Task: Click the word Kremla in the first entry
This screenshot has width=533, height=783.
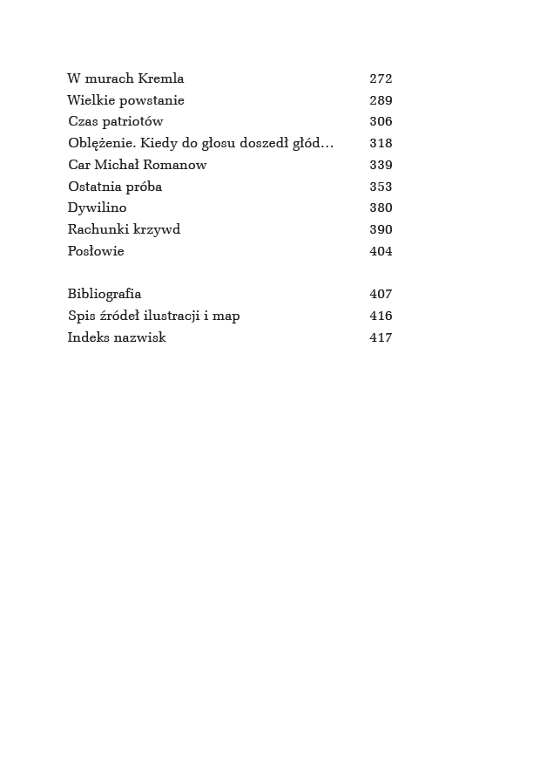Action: pyautogui.click(x=161, y=78)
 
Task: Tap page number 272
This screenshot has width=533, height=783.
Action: pyautogui.click(x=381, y=78)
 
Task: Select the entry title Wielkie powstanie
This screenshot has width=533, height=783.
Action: pyautogui.click(x=125, y=100)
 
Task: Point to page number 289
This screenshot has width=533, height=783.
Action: pyautogui.click(x=381, y=100)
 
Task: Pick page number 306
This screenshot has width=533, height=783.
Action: pyautogui.click(x=381, y=121)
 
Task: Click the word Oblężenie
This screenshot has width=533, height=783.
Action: pyautogui.click(x=99, y=143)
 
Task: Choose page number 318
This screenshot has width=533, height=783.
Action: pyautogui.click(x=381, y=143)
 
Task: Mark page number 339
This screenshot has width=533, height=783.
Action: pyautogui.click(x=381, y=165)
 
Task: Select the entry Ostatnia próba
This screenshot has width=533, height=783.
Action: pyautogui.click(x=115, y=187)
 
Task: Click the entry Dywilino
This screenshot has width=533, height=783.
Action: pyautogui.click(x=97, y=208)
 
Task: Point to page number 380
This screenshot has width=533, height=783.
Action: pyautogui.click(x=381, y=208)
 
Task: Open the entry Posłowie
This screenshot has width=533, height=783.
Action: pyautogui.click(x=96, y=251)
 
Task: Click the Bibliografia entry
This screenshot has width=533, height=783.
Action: pyautogui.click(x=105, y=294)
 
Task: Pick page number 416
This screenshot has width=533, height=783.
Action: pyautogui.click(x=381, y=316)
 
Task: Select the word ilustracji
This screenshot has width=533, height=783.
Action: pyautogui.click(x=169, y=316)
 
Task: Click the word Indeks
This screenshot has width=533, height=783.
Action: pyautogui.click(x=88, y=337)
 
